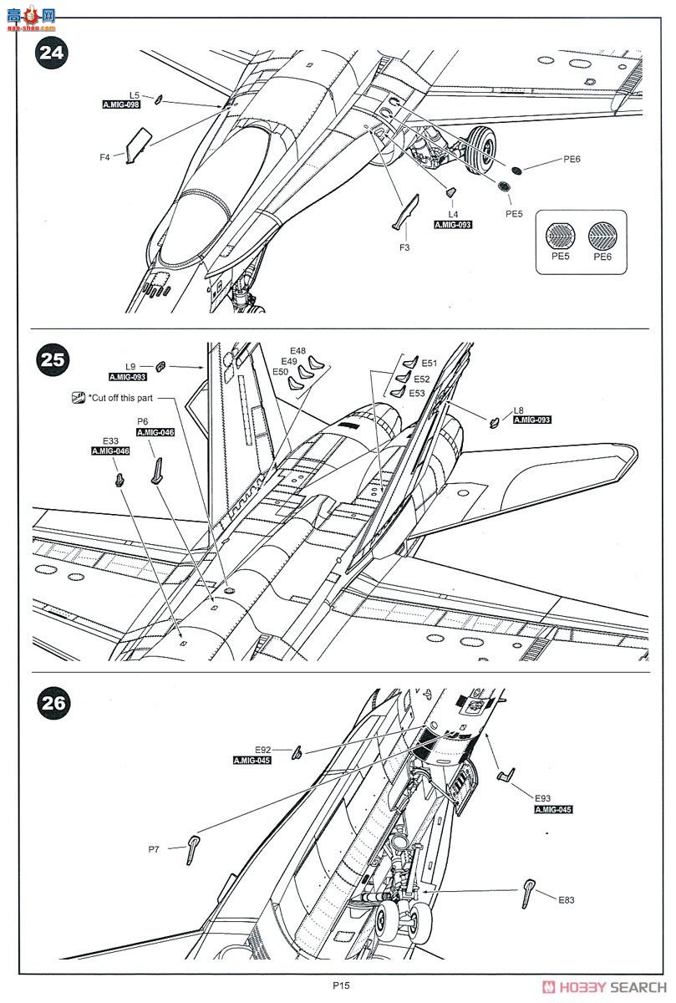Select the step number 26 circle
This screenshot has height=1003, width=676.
pyautogui.click(x=53, y=702)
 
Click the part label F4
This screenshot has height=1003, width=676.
pyautogui.click(x=105, y=156)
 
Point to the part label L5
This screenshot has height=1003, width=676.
pyautogui.click(x=135, y=95)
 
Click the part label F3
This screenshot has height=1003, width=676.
pyautogui.click(x=404, y=247)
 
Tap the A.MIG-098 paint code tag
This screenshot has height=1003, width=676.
pyautogui.click(x=121, y=105)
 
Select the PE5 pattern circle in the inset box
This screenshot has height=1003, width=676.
pyautogui.click(x=560, y=234)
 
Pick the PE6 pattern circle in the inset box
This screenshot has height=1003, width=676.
pyautogui.click(x=602, y=234)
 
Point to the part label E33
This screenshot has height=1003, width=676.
pyautogui.click(x=110, y=440)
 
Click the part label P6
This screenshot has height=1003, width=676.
pyautogui.click(x=142, y=422)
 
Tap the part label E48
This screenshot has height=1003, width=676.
pyautogui.click(x=298, y=350)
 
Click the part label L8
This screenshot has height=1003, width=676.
pyautogui.click(x=519, y=410)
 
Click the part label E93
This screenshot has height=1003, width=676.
pyautogui.click(x=542, y=798)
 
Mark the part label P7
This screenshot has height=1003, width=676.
pyautogui.click(x=154, y=849)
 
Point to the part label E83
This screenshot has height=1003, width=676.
pyautogui.click(x=567, y=899)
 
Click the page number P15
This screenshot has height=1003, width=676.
pyautogui.click(x=339, y=985)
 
